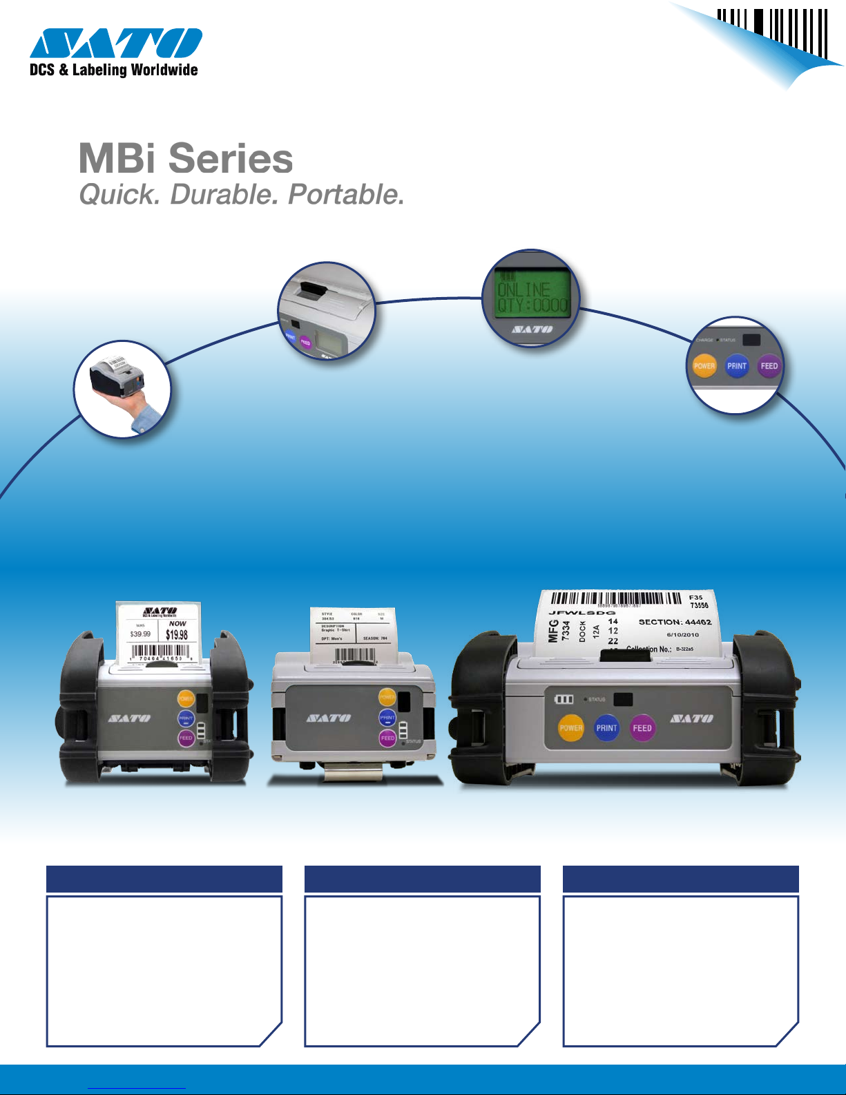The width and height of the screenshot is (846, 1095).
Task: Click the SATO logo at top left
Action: tap(115, 43)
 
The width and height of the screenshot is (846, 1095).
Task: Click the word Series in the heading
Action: tap(231, 159)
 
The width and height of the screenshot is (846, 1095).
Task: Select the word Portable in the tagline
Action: tap(345, 195)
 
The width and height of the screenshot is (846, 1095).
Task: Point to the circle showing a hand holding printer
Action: tap(122, 389)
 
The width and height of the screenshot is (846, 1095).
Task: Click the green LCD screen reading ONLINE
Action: tap(532, 294)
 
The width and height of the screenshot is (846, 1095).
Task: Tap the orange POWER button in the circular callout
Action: tap(704, 366)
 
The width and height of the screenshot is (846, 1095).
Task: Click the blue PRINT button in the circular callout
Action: tap(737, 366)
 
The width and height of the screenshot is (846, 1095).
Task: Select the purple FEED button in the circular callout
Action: tap(769, 366)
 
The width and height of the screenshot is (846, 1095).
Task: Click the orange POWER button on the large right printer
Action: tap(571, 728)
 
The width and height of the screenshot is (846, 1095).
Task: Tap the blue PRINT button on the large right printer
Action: tap(606, 728)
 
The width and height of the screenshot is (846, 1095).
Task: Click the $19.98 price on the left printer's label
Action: tap(177, 634)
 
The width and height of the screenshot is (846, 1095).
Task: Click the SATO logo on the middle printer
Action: tap(328, 718)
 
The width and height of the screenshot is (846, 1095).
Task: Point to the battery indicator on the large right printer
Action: tap(564, 699)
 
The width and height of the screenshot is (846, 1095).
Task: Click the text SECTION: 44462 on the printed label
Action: tap(675, 622)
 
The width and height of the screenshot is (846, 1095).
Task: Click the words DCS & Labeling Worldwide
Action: tap(114, 70)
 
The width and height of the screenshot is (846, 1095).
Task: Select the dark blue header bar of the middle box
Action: tap(422, 879)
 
